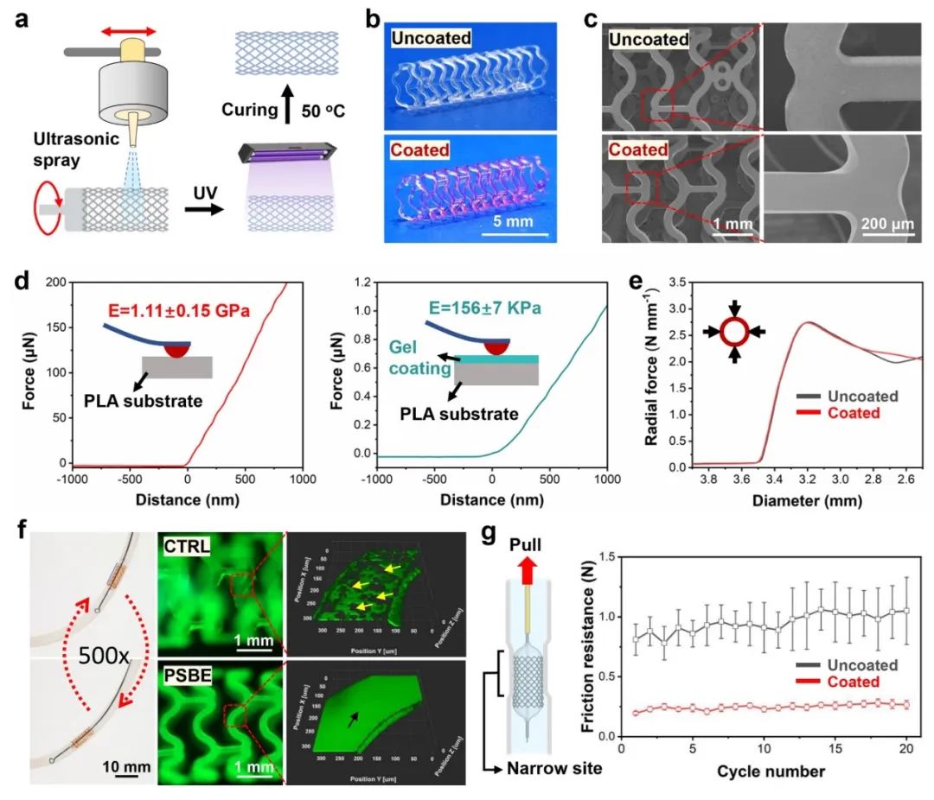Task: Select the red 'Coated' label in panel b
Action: [x=420, y=150]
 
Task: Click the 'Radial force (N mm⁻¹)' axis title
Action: [x=651, y=373]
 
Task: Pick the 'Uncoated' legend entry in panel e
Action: [x=856, y=397]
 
